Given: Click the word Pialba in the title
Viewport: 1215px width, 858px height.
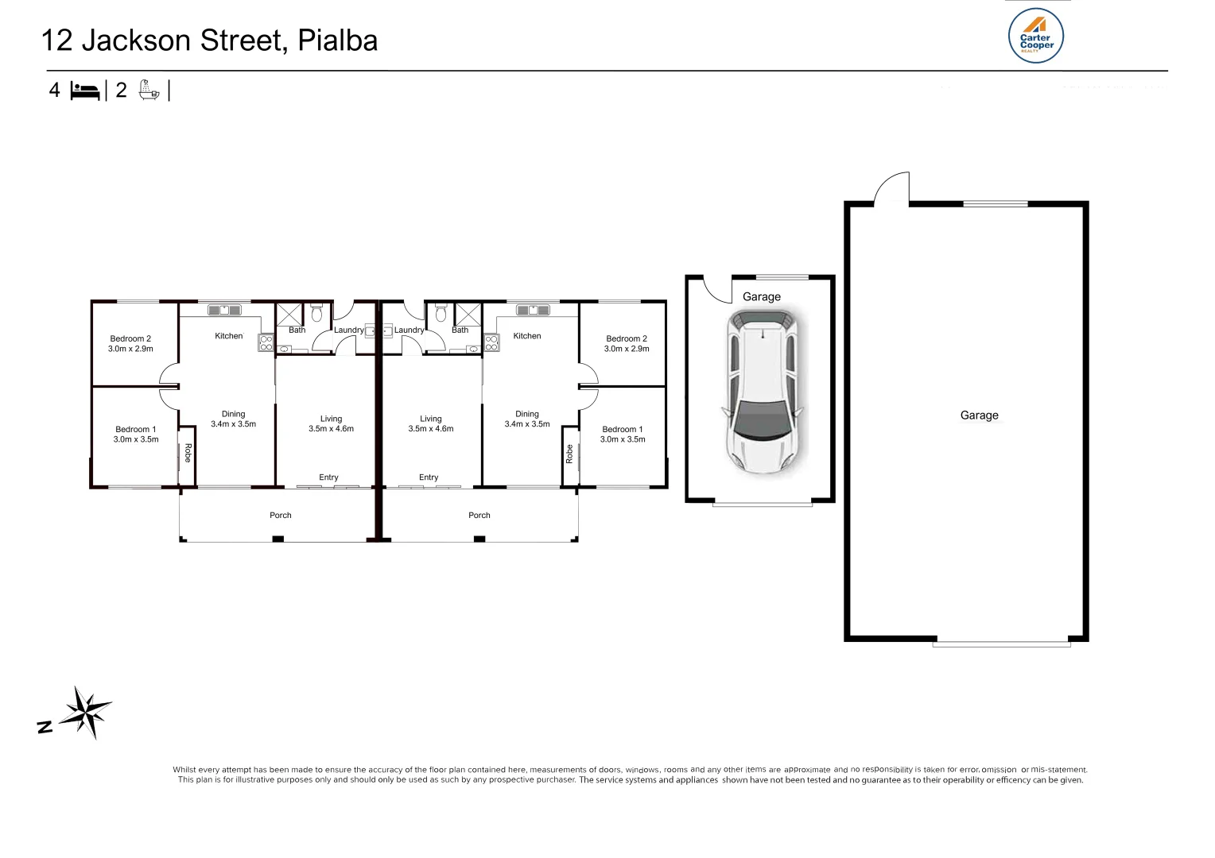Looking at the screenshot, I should click(337, 41).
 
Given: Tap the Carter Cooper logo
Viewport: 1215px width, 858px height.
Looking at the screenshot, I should click(1036, 37).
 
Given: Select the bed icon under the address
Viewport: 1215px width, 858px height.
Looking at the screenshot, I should click(85, 91).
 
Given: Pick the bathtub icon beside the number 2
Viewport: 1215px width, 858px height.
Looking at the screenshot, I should click(149, 90).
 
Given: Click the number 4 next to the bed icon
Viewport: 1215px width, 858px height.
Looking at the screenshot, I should click(54, 90).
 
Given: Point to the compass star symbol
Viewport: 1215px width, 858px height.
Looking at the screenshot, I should click(86, 712).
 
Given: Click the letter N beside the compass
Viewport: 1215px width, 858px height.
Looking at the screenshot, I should click(45, 726).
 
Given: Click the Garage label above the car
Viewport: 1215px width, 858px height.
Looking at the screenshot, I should click(761, 297).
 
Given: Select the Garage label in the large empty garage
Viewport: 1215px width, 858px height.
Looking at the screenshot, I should click(979, 415).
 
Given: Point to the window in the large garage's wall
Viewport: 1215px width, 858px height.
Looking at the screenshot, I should click(995, 204).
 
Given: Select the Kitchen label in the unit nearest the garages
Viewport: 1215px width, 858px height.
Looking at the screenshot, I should click(526, 336).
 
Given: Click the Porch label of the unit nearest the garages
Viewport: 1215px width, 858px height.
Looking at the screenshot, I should click(479, 516).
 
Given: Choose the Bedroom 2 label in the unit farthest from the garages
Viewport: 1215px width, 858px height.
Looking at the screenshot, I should click(130, 338).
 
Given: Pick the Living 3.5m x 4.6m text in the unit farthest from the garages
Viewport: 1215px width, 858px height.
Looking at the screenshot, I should click(331, 423).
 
